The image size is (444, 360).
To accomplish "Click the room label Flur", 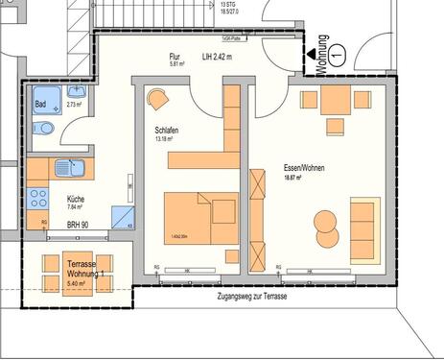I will pos(175,57).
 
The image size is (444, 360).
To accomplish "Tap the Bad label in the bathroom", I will pos(41,103).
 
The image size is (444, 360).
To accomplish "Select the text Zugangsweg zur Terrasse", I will pos(253,296).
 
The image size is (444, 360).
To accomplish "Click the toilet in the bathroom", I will pos(44,129).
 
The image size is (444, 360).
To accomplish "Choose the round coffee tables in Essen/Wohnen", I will pos(325,228).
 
